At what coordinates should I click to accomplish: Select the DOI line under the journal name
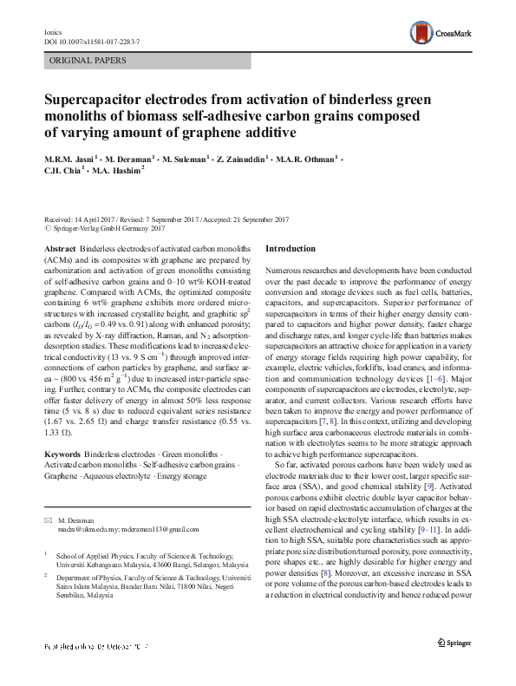[x=88, y=41]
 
